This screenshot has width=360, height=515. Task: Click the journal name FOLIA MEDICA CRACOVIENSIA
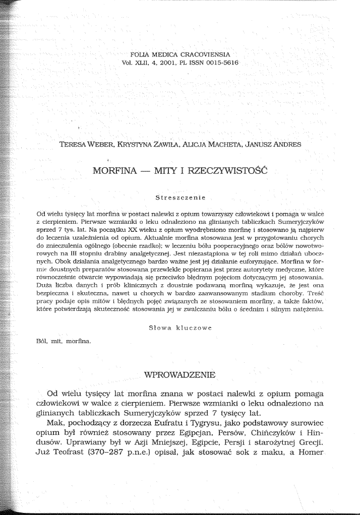(180, 53)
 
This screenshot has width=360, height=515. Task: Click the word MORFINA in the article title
(115, 170)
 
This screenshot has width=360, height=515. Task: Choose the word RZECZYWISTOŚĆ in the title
(227, 170)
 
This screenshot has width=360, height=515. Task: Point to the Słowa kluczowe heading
(180, 328)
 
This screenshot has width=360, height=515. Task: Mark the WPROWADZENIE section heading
(179, 375)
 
